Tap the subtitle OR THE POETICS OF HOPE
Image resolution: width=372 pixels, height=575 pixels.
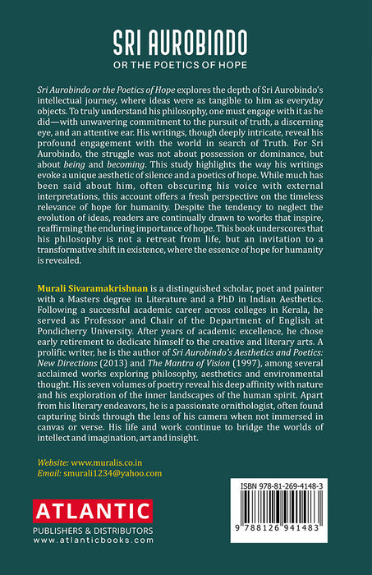186,63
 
